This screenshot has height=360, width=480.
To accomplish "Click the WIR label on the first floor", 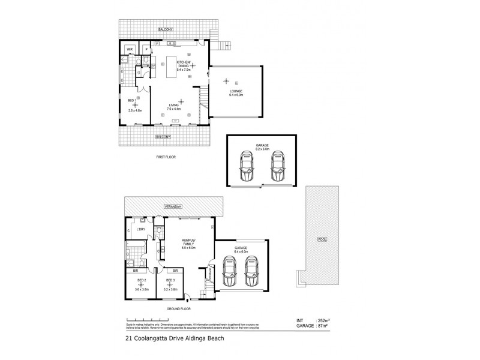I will [129, 48].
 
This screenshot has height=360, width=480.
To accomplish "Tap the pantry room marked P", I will [146, 49].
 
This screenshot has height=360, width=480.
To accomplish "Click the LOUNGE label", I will [235, 91].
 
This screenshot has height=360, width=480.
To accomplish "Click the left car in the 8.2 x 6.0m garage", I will [247, 166].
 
